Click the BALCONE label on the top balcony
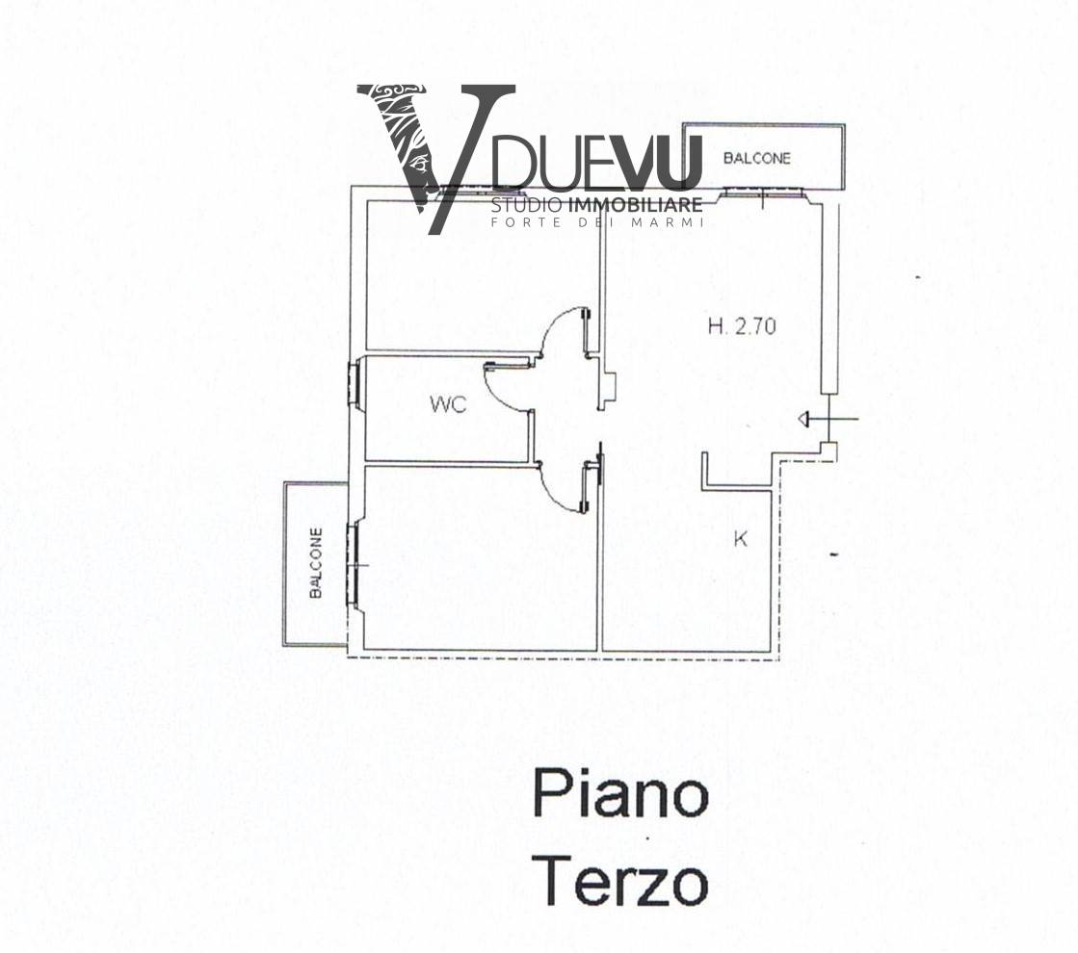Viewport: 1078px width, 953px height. pyautogui.click(x=756, y=159)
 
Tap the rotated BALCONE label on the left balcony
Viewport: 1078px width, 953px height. pyautogui.click(x=316, y=563)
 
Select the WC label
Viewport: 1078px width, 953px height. pyautogui.click(x=448, y=405)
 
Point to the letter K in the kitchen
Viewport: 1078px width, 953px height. pyautogui.click(x=740, y=540)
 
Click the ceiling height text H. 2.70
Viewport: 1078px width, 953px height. pyautogui.click(x=742, y=326)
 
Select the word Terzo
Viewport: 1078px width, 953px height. pyautogui.click(x=620, y=882)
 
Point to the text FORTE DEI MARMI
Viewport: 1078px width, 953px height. pyautogui.click(x=597, y=223)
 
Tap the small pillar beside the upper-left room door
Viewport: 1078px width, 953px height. pyautogui.click(x=609, y=383)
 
